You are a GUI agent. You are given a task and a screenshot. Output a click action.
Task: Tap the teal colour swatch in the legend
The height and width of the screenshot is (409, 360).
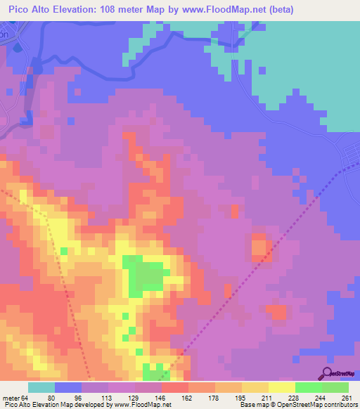[x=41, y=387]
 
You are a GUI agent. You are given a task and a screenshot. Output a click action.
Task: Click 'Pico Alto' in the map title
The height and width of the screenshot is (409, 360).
[x=31, y=10]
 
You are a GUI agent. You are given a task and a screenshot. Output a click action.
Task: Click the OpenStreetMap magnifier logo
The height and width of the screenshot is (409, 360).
[x=326, y=374]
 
